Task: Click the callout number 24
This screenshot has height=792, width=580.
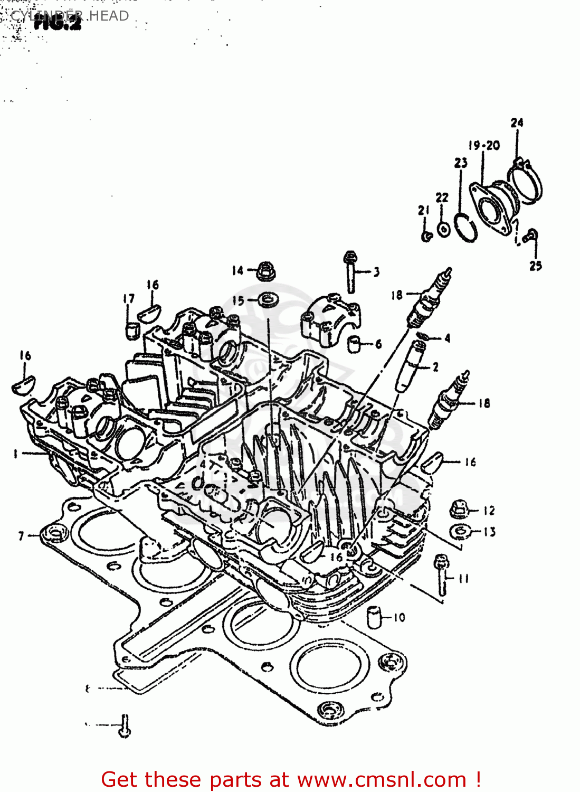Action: (517, 122)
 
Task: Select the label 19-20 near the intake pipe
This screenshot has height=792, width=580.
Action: (484, 145)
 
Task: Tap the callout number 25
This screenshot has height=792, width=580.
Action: (536, 266)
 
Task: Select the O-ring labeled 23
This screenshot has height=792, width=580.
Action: (465, 228)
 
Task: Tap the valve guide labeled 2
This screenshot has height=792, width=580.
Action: (410, 366)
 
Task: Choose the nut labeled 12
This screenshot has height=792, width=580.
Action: (458, 510)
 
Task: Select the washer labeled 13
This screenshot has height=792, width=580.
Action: (461, 531)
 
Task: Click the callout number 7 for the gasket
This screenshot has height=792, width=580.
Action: (21, 536)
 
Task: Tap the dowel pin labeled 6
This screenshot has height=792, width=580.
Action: (355, 343)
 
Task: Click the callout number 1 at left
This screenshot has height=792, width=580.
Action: (15, 454)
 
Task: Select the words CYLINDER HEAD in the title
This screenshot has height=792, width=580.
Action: (70, 16)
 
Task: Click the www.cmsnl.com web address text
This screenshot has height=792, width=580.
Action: (382, 780)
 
